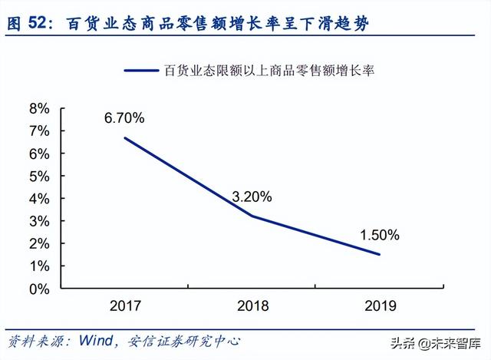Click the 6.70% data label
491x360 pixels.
pyautogui.click(x=125, y=118)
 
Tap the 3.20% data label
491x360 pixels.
pyautogui.click(x=252, y=197)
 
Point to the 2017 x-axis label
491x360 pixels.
pyautogui.click(x=125, y=306)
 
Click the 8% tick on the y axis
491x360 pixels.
pyautogui.click(x=40, y=109)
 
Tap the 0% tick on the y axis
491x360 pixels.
pyautogui.click(x=40, y=289)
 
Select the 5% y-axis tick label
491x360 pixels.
pyautogui.click(x=40, y=177)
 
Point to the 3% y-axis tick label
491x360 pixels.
pyautogui.click(x=40, y=221)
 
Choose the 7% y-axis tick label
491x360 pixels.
pyautogui.click(x=40, y=131)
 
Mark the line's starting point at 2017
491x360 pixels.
pyautogui.click(x=125, y=138)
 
